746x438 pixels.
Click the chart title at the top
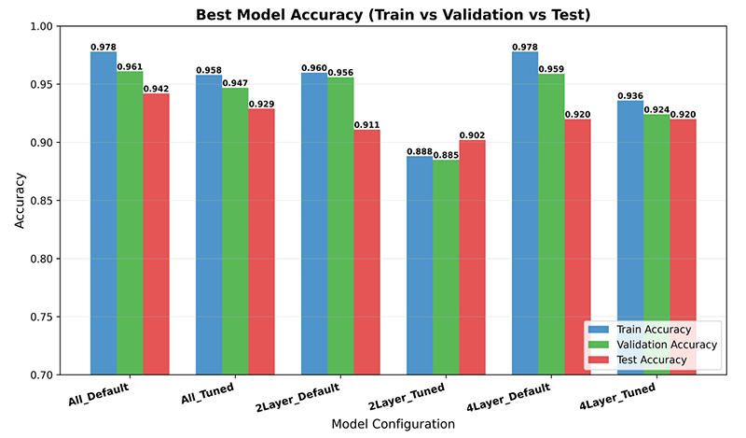pos(393,14)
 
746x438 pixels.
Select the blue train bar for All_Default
pos(104,214)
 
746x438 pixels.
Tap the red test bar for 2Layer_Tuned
pos(472,258)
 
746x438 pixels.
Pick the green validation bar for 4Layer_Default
pos(551,224)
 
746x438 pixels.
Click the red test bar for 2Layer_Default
pos(366,252)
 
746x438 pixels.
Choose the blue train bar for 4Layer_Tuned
pos(630,238)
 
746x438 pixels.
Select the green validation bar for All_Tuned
pos(235,232)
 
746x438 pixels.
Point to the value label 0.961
pos(130,66)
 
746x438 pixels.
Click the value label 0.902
pos(472,135)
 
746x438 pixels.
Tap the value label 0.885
pos(446,155)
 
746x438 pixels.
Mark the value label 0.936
pos(630,96)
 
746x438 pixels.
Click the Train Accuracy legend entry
pos(640,330)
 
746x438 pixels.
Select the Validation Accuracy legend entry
pos(652,345)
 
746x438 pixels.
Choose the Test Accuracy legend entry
pos(638,360)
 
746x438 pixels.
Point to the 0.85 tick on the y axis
pos(41,201)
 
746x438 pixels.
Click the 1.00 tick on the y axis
pos(41,26)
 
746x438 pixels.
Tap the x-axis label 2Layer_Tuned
pos(407,397)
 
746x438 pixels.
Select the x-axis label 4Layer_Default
pos(508,397)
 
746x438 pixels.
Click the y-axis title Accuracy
pos(19,201)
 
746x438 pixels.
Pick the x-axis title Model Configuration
pos(393,424)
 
